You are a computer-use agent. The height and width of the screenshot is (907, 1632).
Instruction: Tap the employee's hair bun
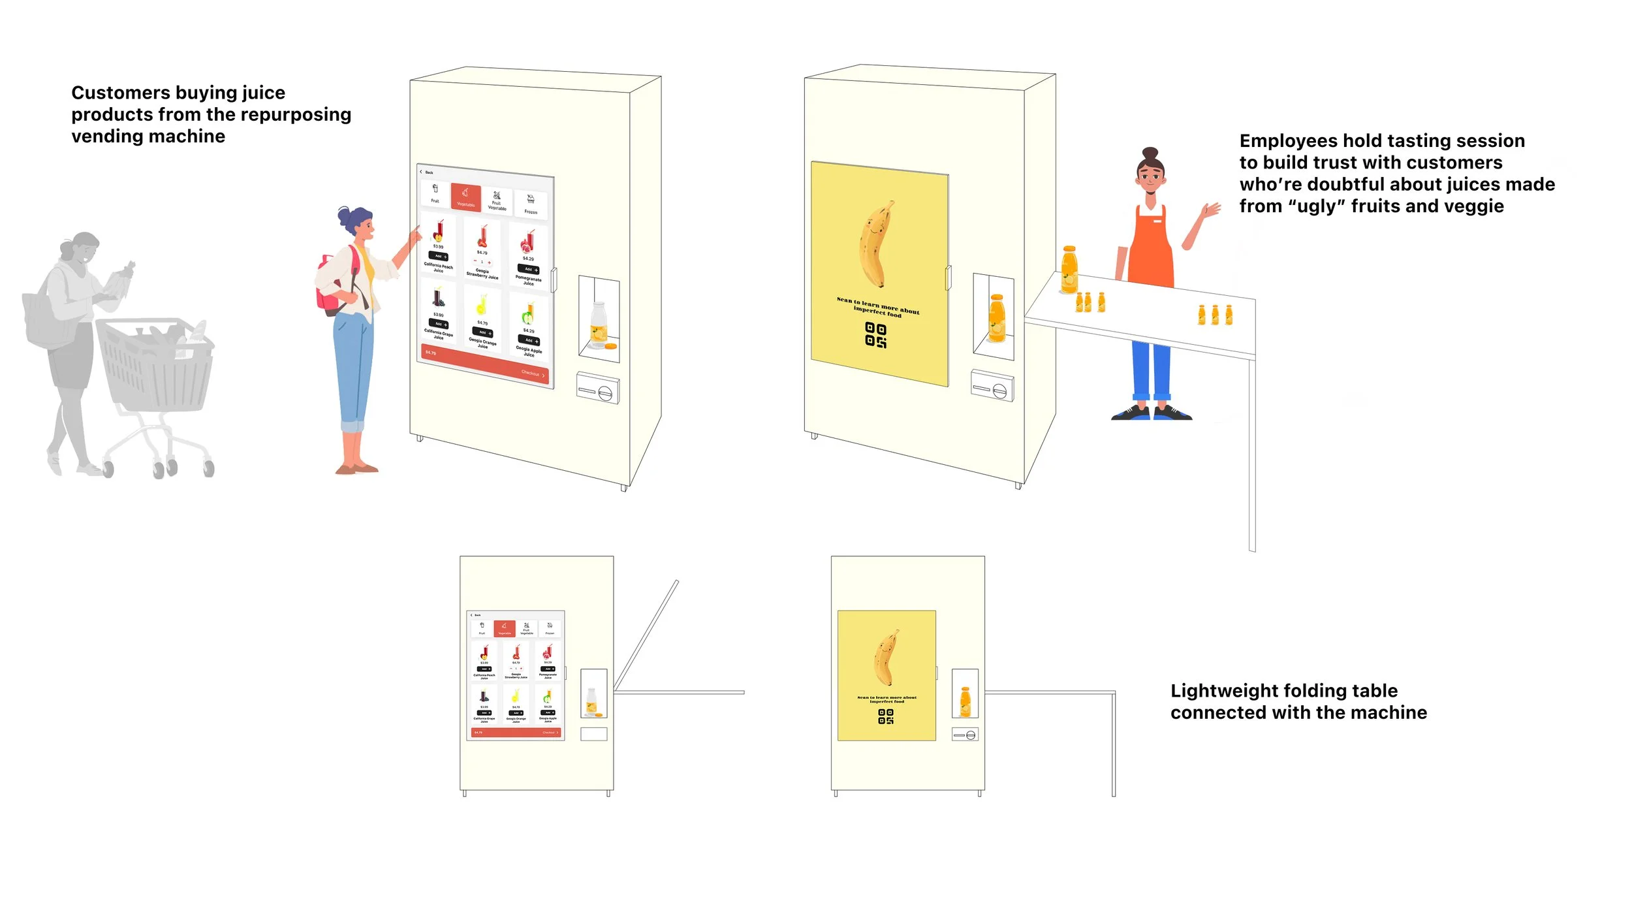(x=1150, y=153)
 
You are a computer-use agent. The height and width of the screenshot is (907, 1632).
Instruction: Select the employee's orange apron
(x=1151, y=248)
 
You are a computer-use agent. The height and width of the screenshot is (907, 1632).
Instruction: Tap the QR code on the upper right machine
(x=875, y=334)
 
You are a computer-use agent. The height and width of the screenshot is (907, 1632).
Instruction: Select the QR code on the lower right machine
(x=885, y=716)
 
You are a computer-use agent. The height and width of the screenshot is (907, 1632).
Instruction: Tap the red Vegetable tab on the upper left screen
(x=465, y=197)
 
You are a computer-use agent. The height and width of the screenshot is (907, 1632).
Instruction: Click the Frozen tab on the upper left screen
(x=531, y=204)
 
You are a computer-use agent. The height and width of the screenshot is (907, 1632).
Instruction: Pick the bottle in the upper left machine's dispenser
(x=598, y=323)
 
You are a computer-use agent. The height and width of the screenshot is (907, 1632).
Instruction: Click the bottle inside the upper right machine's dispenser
(x=996, y=319)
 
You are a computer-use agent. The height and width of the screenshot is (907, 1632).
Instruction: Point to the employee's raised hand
(x=1212, y=210)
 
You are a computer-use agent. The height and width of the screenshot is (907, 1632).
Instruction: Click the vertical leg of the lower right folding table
(x=1114, y=744)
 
